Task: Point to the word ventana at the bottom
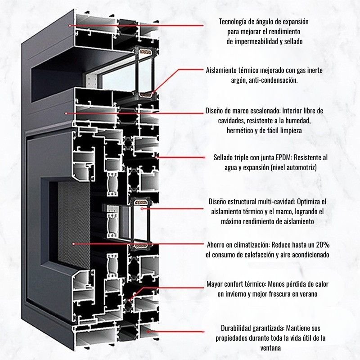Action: [270, 348]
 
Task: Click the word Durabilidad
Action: [236, 328]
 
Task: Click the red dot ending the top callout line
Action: [70, 26]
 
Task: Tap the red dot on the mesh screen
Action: [73, 244]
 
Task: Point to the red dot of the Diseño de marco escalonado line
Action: [66, 113]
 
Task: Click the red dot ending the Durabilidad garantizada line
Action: [148, 332]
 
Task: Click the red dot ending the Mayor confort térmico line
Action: [129, 300]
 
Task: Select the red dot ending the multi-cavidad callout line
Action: [142, 209]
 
